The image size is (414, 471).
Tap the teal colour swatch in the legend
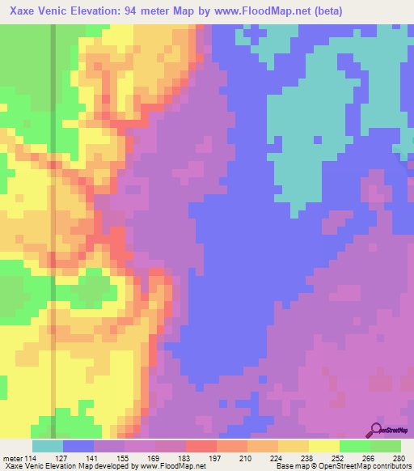[x=48, y=446]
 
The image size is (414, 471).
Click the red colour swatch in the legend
[x=201, y=446]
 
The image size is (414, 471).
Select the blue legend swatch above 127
[x=78, y=446]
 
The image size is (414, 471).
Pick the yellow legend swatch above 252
[x=324, y=446]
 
